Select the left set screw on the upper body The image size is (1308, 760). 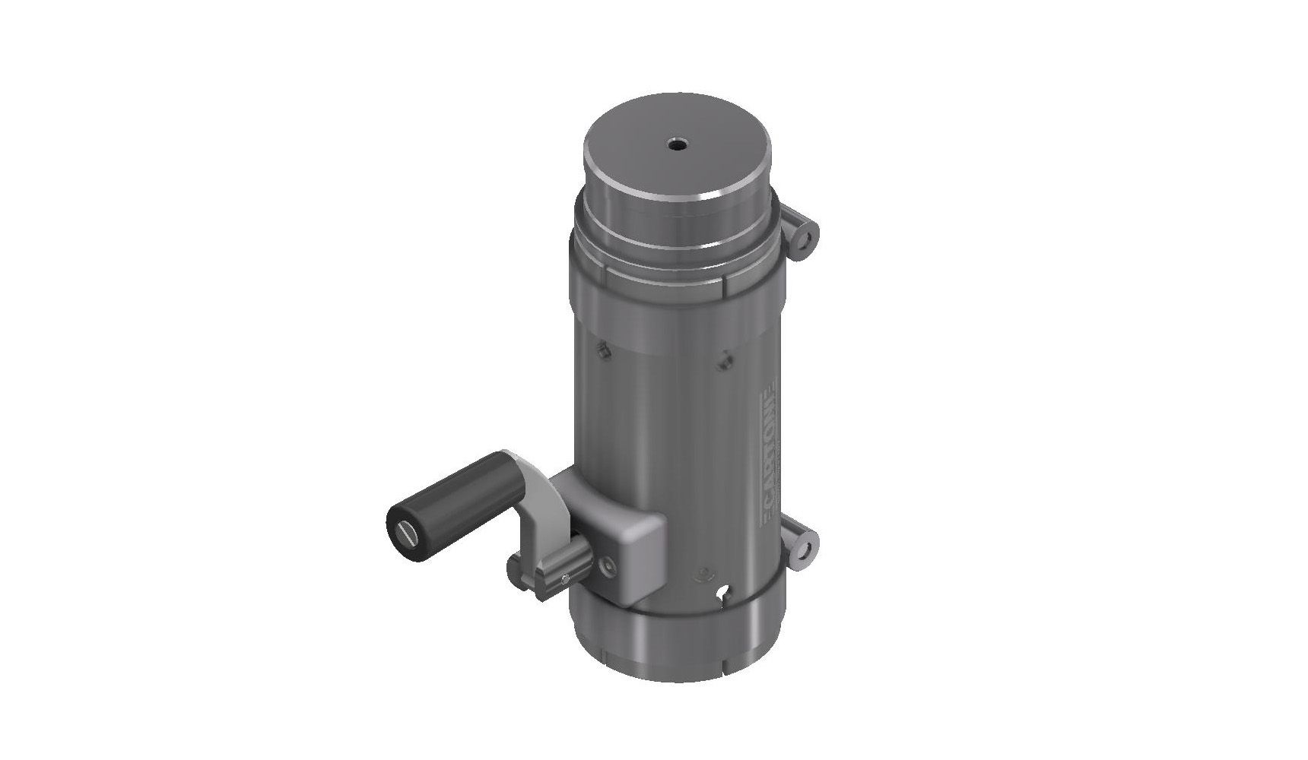tap(601, 350)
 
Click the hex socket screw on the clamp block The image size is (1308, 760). tap(608, 566)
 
